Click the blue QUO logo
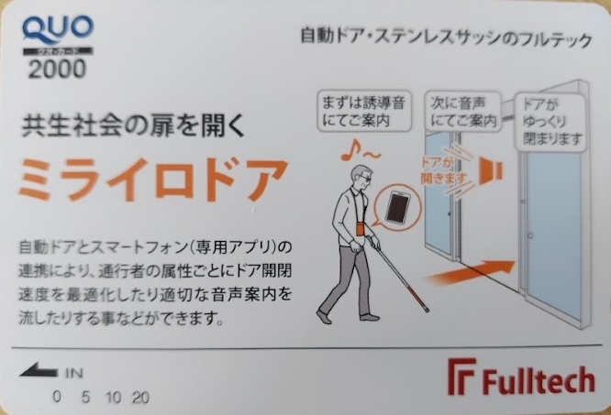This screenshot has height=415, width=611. point(58,29)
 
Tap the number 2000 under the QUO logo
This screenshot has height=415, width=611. point(57,69)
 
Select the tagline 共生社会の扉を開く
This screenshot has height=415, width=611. point(133,126)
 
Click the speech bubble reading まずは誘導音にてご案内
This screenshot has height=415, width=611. point(363,111)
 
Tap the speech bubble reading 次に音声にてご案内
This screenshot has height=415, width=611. point(463,111)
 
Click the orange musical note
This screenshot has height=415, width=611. point(349,151)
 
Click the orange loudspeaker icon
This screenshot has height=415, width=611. point(490,170)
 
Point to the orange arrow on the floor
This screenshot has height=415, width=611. point(471,273)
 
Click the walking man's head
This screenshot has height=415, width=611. point(361,177)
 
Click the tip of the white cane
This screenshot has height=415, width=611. point(428,311)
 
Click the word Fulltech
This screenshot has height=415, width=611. point(539,380)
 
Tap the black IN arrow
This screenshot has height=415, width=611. point(39,369)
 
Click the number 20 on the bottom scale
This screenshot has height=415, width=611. point(140,398)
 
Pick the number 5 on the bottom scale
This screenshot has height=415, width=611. point(85,398)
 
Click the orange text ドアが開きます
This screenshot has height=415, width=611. point(443,171)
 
